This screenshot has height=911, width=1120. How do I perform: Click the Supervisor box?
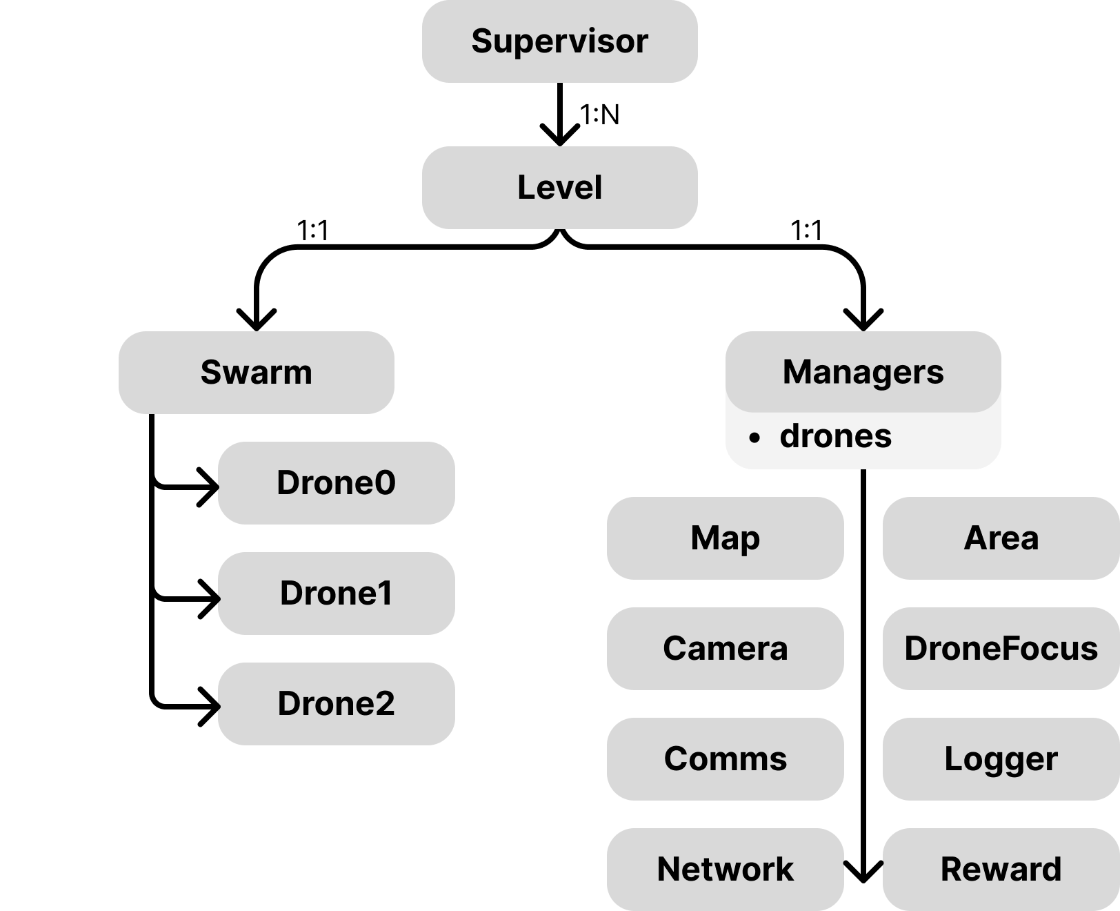pyautogui.click(x=559, y=41)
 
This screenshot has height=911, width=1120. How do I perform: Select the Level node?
pyautogui.click(x=559, y=188)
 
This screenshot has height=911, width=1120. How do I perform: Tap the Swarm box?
pyautogui.click(x=256, y=373)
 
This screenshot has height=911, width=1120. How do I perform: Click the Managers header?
pyautogui.click(x=863, y=372)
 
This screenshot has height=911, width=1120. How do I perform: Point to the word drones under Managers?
pyautogui.click(x=835, y=436)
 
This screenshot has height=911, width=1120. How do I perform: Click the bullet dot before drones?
pyautogui.click(x=754, y=438)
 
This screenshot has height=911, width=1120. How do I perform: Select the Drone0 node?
pyautogui.click(x=336, y=483)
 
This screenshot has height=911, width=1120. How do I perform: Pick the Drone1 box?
pyautogui.click(x=336, y=594)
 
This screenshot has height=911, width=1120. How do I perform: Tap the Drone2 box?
pyautogui.click(x=336, y=704)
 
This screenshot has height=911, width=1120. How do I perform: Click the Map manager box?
pyautogui.click(x=725, y=538)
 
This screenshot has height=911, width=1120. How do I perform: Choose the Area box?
pyautogui.click(x=1001, y=538)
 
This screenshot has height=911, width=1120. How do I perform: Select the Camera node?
pyautogui.click(x=725, y=649)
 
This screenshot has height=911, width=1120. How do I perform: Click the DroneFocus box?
pyautogui.click(x=1001, y=649)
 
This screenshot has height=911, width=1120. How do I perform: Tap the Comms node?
pyautogui.click(x=725, y=759)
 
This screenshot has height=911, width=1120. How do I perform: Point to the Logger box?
pyautogui.click(x=1001, y=759)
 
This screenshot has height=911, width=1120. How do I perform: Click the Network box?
pyautogui.click(x=725, y=870)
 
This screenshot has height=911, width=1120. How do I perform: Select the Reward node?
pyautogui.click(x=1001, y=870)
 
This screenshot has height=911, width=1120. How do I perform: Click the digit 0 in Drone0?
pyautogui.click(x=386, y=483)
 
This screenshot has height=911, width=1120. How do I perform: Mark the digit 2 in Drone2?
pyautogui.click(x=385, y=704)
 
